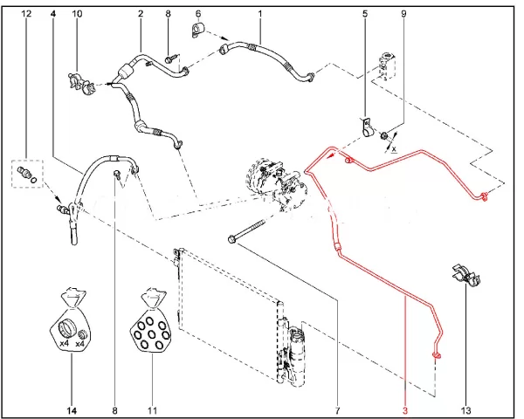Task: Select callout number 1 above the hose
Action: (259, 15)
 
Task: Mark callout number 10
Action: (77, 15)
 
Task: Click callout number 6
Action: (197, 15)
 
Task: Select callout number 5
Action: (365, 15)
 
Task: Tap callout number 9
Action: (403, 15)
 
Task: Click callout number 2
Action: (140, 15)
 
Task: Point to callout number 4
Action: (52, 15)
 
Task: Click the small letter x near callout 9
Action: (394, 149)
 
